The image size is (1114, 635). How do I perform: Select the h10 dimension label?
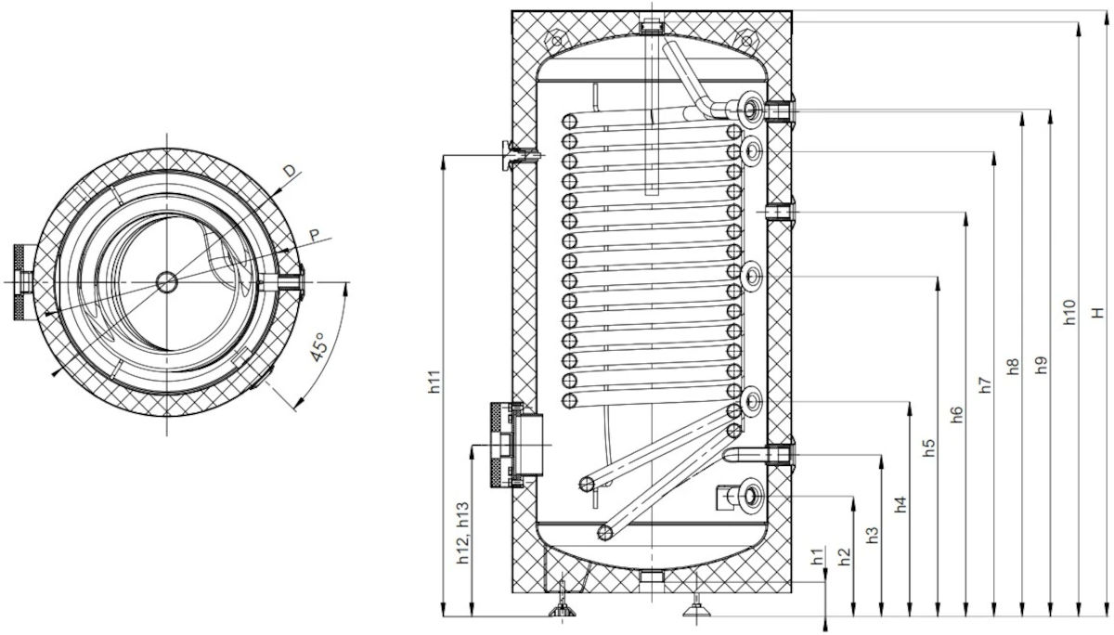pyautogui.click(x=1069, y=312)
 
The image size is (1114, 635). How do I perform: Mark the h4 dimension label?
pyautogui.click(x=900, y=506)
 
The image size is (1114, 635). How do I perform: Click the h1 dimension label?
pyautogui.click(x=816, y=557)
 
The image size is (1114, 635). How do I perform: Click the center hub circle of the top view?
pyautogui.click(x=166, y=279)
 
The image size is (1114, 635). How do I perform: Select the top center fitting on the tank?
pyautogui.click(x=652, y=22)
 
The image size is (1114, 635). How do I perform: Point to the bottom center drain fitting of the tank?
pyautogui.click(x=652, y=581)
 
